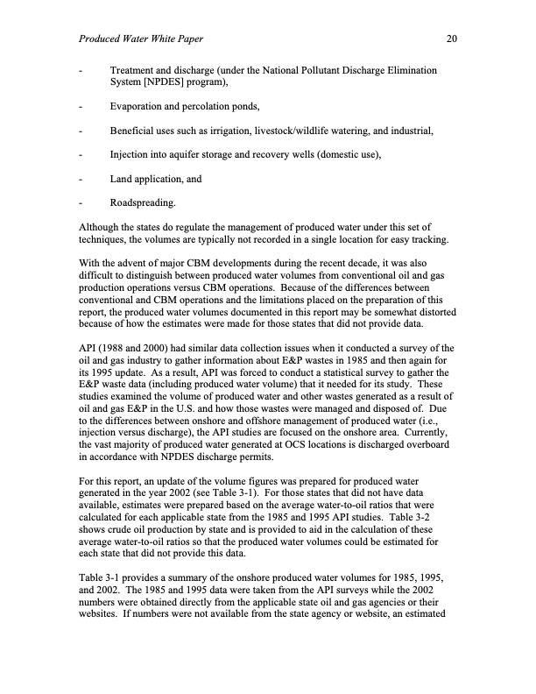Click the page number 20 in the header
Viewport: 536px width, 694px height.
coord(452,39)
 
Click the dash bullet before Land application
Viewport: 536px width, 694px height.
coord(81,180)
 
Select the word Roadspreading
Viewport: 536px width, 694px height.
coord(143,203)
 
